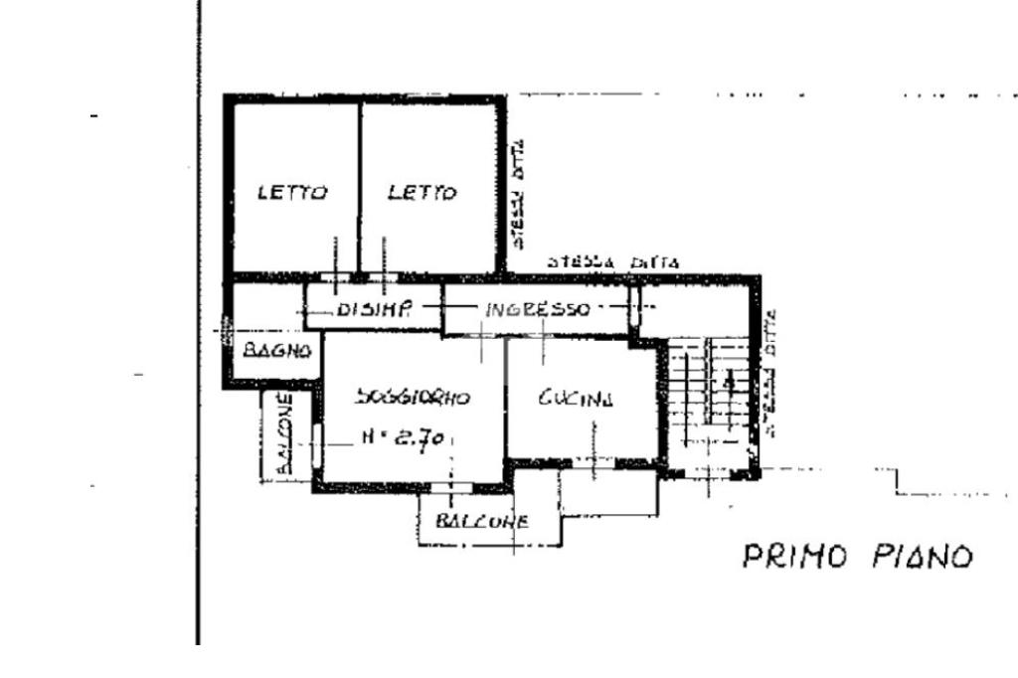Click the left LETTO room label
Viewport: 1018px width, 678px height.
(292, 193)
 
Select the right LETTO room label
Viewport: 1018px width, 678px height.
(423, 193)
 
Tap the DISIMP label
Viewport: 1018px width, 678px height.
(374, 308)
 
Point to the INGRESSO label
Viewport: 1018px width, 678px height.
(537, 309)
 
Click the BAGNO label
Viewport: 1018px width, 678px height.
(278, 350)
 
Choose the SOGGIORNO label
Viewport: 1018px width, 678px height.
(412, 398)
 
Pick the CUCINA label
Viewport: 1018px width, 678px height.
(577, 399)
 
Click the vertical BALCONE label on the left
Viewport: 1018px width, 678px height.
(283, 435)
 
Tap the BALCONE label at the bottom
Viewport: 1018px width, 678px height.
(482, 521)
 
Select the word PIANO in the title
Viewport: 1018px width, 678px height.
(923, 557)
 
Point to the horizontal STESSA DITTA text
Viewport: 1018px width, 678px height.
(613, 263)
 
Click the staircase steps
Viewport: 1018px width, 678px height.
(708, 393)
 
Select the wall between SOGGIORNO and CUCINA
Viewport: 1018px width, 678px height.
(506, 398)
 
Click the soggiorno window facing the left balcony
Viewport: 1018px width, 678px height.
(317, 441)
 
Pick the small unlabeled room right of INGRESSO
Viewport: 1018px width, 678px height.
(693, 309)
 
